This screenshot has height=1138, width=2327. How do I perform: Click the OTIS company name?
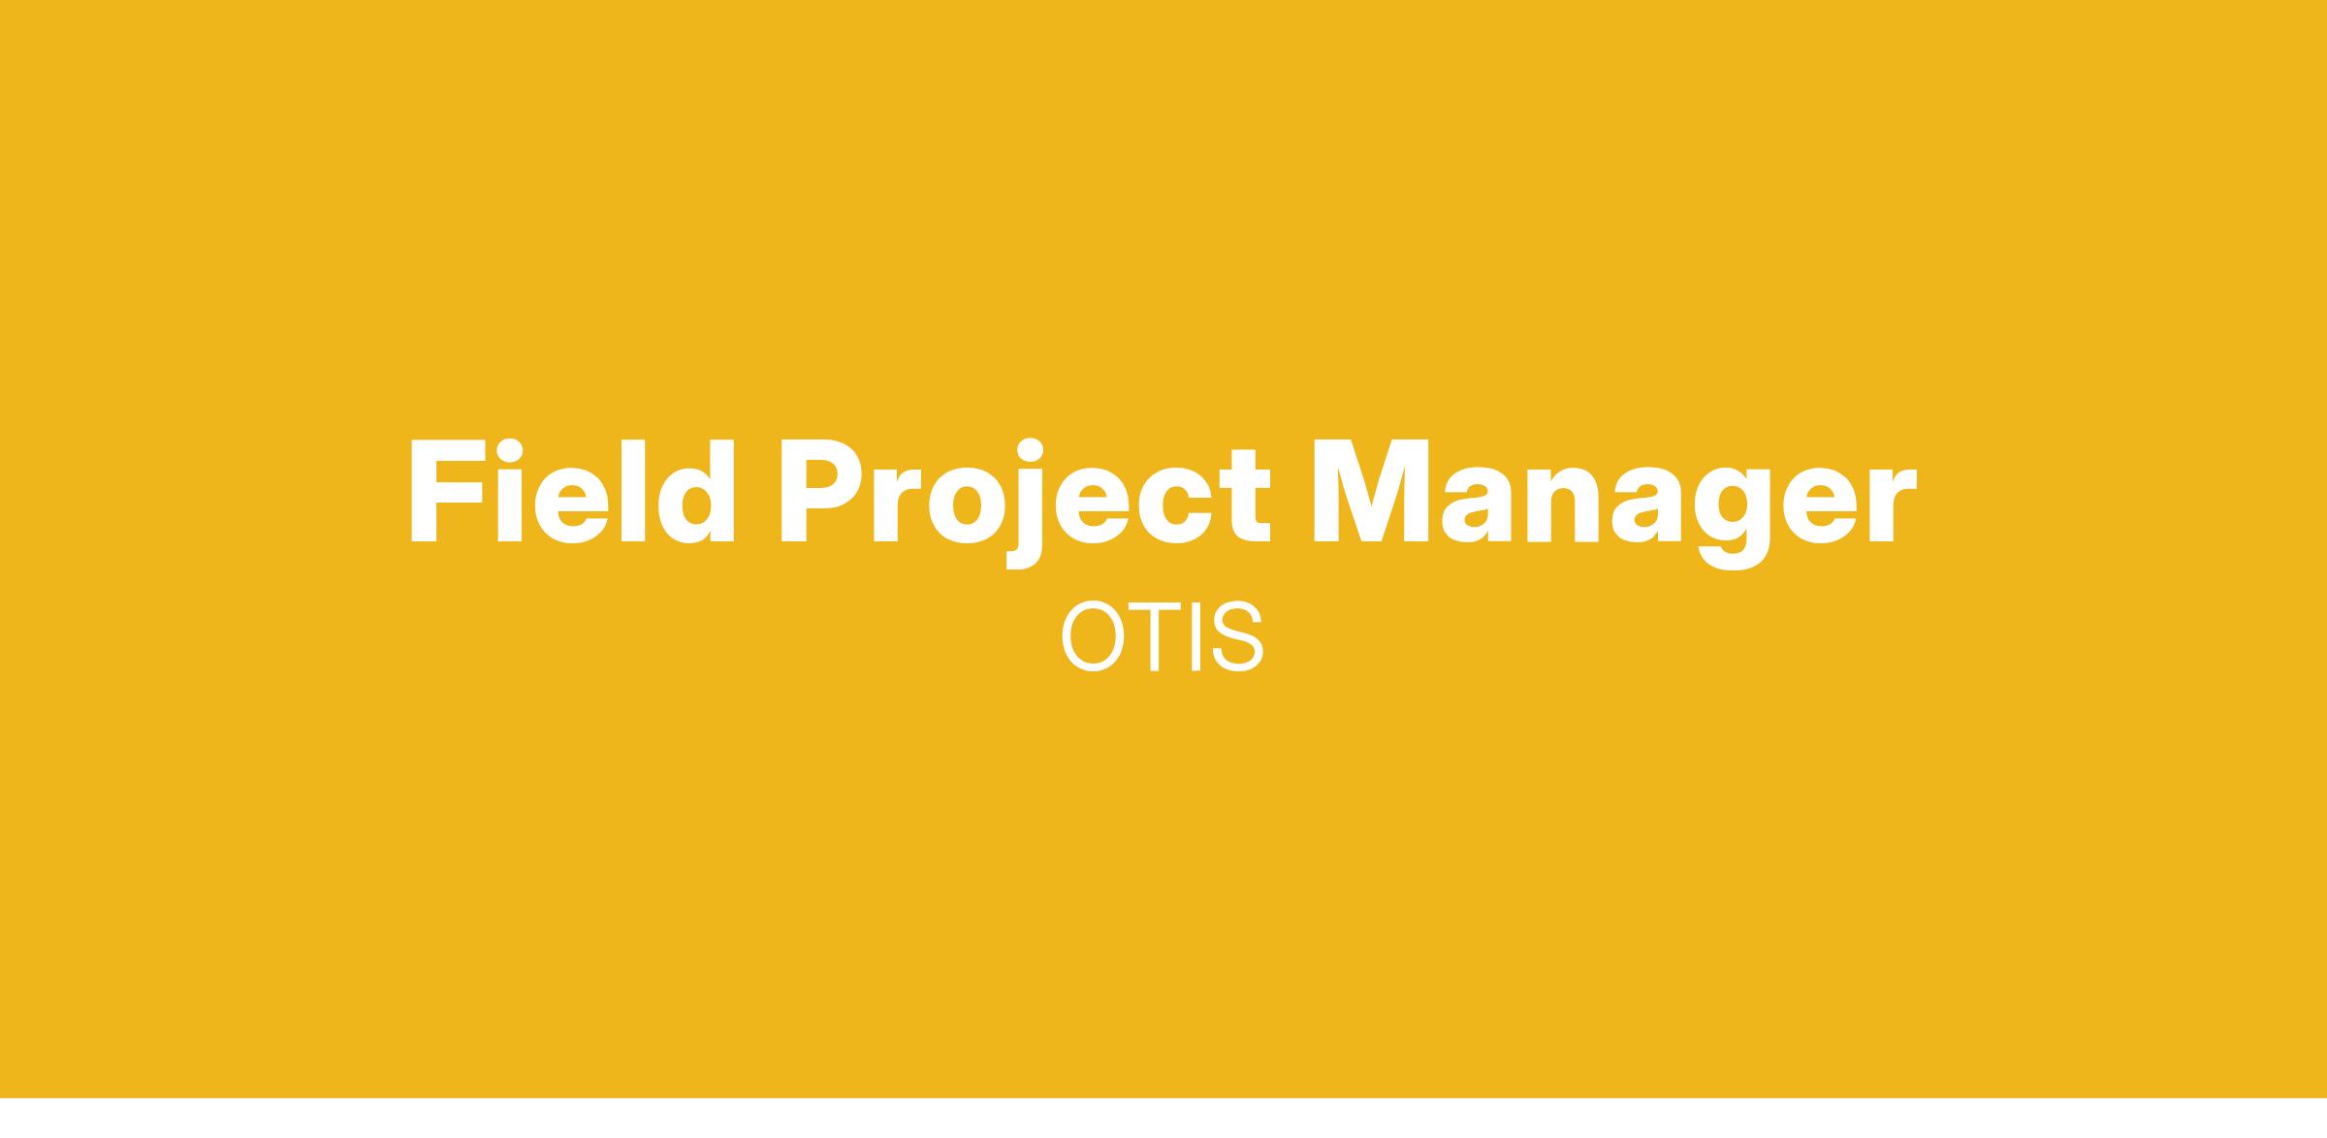click(1163, 636)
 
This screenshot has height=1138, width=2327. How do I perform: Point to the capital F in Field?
click(448, 492)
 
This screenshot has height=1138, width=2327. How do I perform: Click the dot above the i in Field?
click(511, 451)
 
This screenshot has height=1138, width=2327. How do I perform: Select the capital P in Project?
click(820, 492)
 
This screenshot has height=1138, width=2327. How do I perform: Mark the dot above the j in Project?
click(1030, 451)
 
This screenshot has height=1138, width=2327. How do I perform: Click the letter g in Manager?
click(1733, 520)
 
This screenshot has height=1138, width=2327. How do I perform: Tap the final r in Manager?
click(1893, 505)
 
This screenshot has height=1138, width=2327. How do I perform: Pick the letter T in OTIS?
click(1155, 637)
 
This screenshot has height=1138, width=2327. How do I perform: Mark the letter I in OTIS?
click(1195, 637)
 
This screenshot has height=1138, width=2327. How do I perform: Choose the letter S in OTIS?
click(1237, 637)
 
